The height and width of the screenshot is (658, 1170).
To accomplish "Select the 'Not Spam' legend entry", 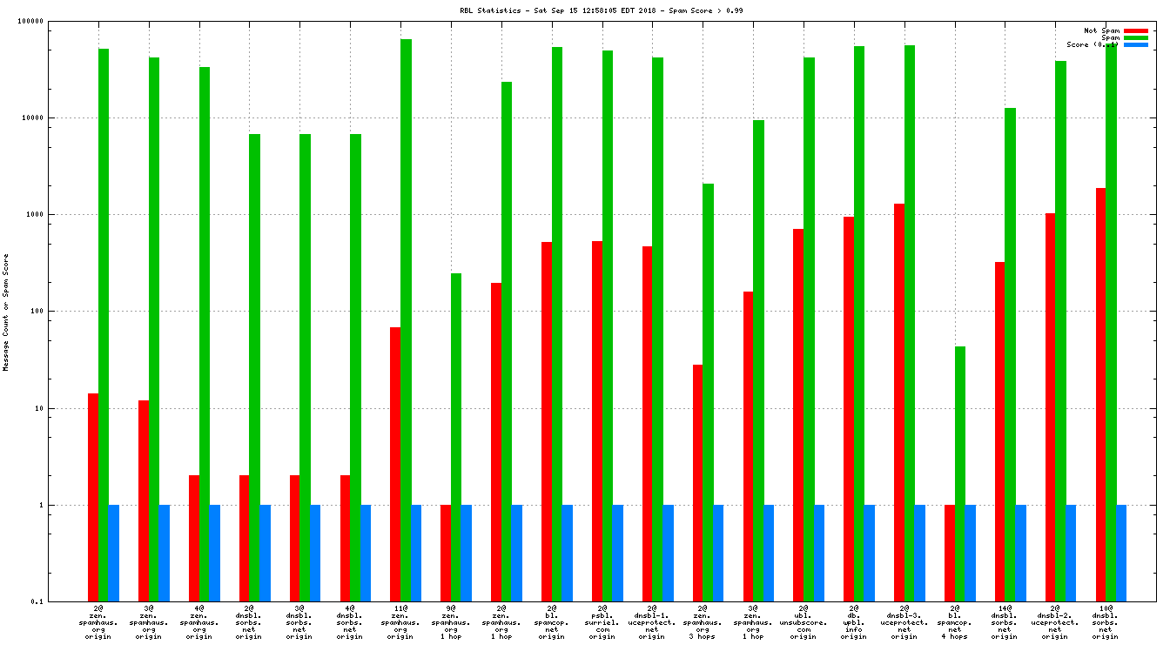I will coord(1101,30).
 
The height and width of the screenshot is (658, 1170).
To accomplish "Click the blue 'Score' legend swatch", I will coord(1136,44).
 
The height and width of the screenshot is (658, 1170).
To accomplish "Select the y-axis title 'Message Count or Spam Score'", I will coord(6,312).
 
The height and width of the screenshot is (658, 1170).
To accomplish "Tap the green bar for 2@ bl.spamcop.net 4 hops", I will coord(960,473).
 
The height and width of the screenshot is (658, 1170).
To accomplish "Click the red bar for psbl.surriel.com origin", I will coord(597,421).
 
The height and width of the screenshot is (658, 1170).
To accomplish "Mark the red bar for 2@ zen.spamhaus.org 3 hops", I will coord(698,483).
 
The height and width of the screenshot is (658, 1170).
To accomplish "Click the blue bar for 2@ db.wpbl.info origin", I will coord(869,553).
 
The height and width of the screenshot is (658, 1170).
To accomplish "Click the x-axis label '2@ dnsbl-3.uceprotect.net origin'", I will coord(904,621).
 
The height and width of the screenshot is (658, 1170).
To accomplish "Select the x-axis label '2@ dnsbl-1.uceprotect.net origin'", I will coord(652,621).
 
